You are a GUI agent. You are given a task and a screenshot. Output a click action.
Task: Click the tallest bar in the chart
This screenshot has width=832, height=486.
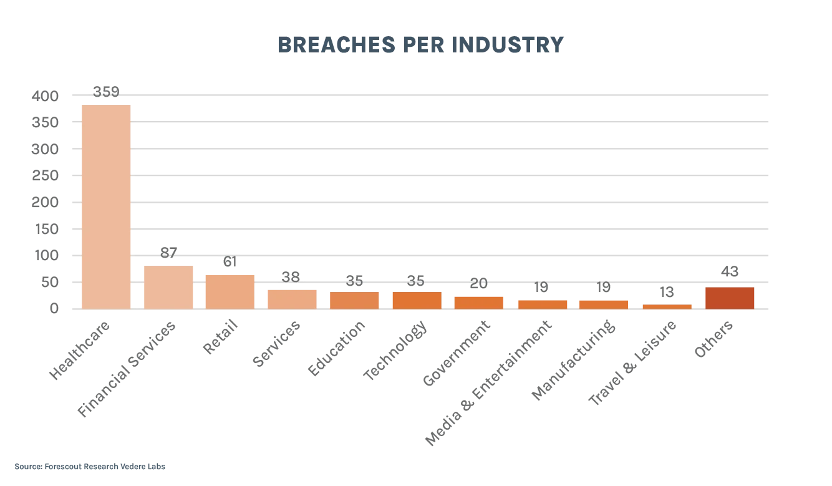pyautogui.click(x=107, y=206)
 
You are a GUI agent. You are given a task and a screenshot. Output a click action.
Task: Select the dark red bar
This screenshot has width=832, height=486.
pyautogui.click(x=729, y=297)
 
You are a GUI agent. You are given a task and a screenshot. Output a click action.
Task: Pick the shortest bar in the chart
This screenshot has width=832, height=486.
pyautogui.click(x=667, y=306)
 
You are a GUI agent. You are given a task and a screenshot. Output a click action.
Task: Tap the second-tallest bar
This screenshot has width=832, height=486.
pyautogui.click(x=167, y=286)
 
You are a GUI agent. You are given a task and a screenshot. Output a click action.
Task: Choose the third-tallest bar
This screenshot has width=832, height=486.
pyautogui.click(x=230, y=291)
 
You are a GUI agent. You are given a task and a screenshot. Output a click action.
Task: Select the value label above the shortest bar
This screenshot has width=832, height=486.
pyautogui.click(x=667, y=292)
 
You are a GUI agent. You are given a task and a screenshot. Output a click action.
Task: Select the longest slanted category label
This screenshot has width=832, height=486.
pyautogui.click(x=488, y=384)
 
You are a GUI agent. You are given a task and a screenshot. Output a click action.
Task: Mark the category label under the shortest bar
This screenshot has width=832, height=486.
pyautogui.click(x=631, y=363)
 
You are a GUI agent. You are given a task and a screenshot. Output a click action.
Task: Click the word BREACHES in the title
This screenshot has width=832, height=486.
pyautogui.click(x=336, y=46)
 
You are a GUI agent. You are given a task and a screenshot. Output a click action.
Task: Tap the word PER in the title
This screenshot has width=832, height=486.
pyautogui.click(x=423, y=46)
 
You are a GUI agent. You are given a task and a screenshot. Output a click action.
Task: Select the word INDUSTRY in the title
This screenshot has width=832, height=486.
pyautogui.click(x=508, y=46)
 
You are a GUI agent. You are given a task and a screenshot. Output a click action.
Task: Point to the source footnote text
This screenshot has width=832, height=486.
pyautogui.click(x=92, y=467)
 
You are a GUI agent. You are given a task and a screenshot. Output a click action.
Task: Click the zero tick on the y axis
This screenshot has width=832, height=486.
pyautogui.click(x=55, y=308)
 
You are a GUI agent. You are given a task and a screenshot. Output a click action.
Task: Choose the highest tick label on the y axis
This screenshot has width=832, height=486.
pyautogui.click(x=46, y=97)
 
